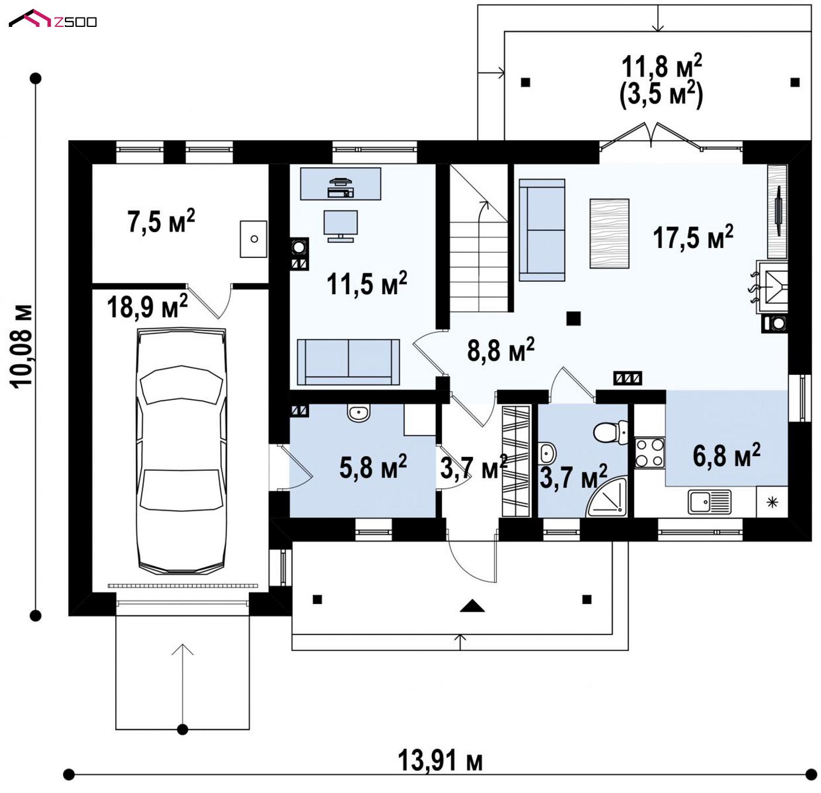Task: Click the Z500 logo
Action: tap(53, 19)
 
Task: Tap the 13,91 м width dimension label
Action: tap(439, 761)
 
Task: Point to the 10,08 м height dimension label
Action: tap(21, 347)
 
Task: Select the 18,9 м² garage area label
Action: tap(147, 306)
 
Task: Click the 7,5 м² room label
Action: tap(161, 221)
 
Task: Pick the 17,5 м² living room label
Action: tap(693, 237)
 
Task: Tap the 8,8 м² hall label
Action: tap(501, 350)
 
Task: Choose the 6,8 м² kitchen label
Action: tap(727, 456)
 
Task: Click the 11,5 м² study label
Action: tap(367, 283)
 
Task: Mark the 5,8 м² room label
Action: tap(373, 467)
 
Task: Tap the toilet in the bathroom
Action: tap(610, 432)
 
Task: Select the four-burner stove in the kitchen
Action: tap(650, 453)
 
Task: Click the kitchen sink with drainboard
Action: tap(710, 502)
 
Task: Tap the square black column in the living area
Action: tap(573, 318)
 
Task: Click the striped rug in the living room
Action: tap(609, 233)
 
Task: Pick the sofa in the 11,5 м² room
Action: tap(348, 362)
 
